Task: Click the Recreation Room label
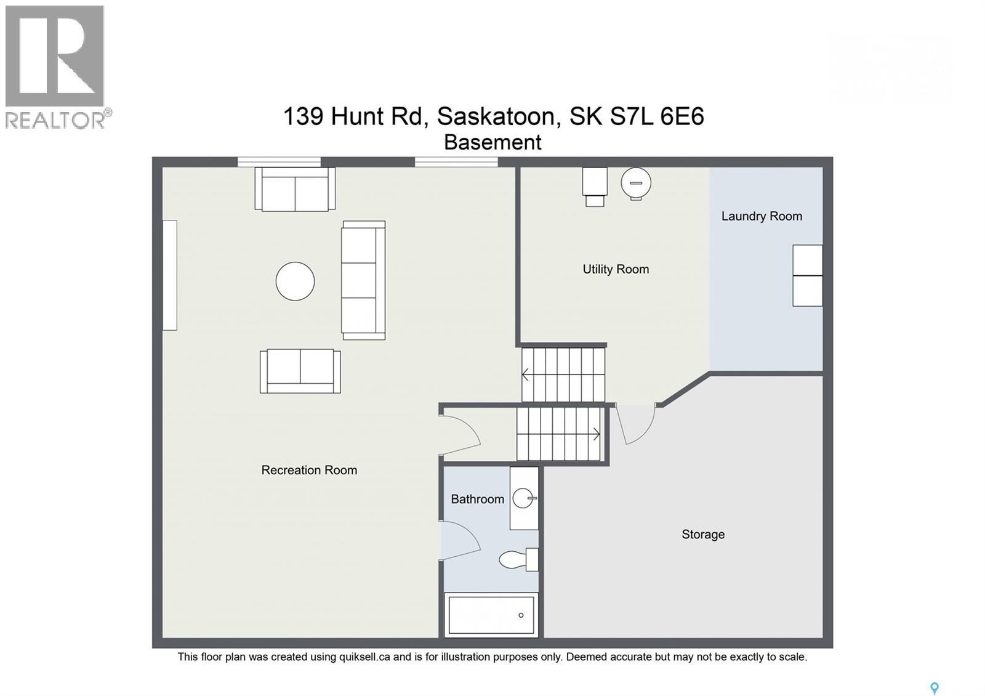(309, 470)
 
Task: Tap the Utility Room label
(616, 269)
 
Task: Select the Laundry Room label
(762, 216)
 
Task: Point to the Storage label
(703, 535)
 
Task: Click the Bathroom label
(477, 499)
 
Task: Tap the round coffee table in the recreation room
(295, 281)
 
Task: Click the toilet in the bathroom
(517, 559)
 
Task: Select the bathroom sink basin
(523, 498)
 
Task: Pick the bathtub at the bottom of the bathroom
(491, 615)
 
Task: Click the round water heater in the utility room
(636, 183)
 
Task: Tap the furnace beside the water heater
(595, 185)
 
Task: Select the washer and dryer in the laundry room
(807, 275)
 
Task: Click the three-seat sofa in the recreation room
(363, 280)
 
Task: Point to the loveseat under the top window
(295, 190)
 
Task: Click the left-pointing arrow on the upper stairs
(526, 374)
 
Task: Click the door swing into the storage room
(637, 424)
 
